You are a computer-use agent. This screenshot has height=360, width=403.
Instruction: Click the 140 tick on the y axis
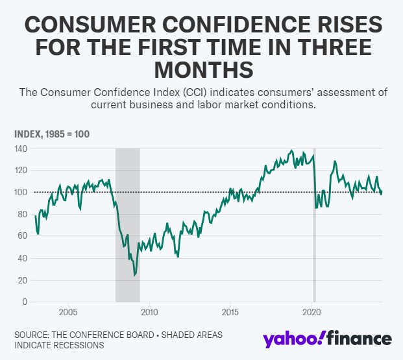click(21, 149)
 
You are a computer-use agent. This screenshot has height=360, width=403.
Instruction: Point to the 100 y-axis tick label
click(21, 192)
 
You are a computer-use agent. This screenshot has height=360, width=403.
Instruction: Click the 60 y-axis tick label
click(23, 236)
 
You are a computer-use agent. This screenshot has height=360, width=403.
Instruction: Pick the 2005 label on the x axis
click(68, 313)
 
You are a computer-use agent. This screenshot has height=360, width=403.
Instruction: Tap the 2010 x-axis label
click(149, 313)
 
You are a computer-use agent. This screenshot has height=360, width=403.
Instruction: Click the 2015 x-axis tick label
click(230, 313)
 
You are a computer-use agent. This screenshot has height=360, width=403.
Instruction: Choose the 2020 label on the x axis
click(312, 313)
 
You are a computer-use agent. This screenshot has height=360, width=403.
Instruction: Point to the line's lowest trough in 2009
click(134, 275)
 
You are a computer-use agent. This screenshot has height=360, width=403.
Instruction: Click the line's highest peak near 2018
click(291, 150)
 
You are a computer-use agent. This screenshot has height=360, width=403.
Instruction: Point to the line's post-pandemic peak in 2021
click(335, 161)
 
